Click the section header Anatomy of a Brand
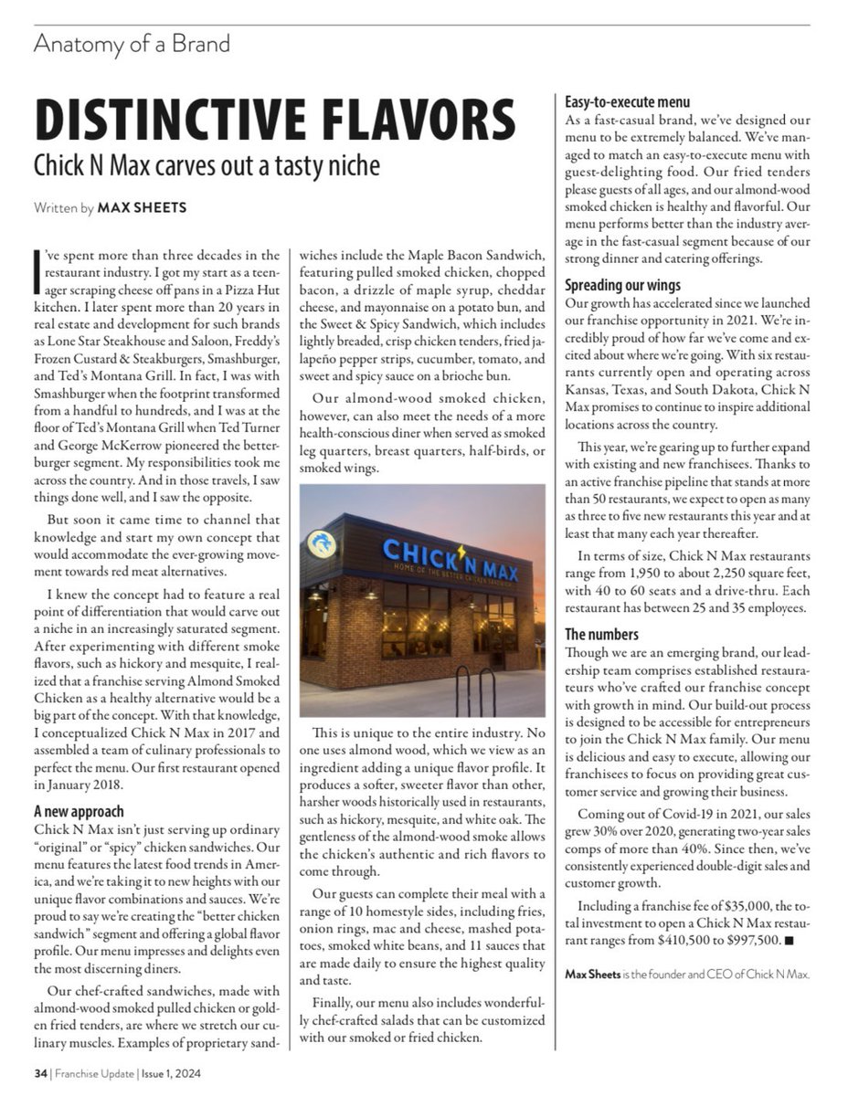point(132,44)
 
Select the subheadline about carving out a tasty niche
point(207,167)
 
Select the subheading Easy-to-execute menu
point(627,102)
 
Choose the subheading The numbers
point(601,634)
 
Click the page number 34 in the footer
point(40,1074)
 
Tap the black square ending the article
point(789,939)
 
